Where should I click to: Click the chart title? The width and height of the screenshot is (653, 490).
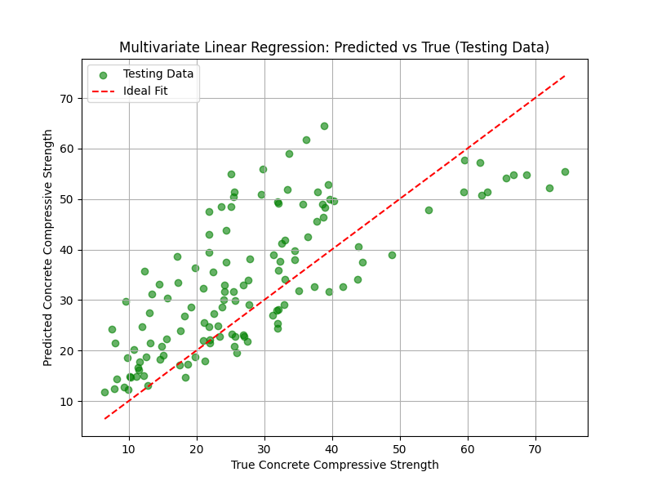coord(334,47)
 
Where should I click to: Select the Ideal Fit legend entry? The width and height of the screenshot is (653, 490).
coord(145,91)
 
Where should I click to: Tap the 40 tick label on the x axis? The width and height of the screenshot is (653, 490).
coord(332,450)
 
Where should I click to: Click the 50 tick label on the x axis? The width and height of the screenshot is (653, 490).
coord(400,450)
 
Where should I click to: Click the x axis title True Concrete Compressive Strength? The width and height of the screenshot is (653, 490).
coord(335,465)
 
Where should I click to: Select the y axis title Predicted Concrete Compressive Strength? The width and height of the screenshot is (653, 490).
coord(49,247)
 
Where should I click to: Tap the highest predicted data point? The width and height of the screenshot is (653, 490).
coord(324,126)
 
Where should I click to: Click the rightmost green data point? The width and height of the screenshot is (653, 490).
coord(565,171)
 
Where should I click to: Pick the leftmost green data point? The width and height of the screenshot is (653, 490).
coord(104,392)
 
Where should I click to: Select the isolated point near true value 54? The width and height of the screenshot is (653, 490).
coord(429,210)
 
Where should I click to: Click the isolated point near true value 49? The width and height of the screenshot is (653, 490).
coord(392,255)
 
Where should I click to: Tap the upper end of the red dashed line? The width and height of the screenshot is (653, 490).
coord(565,75)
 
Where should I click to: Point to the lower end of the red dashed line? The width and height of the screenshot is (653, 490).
coord(104,419)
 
